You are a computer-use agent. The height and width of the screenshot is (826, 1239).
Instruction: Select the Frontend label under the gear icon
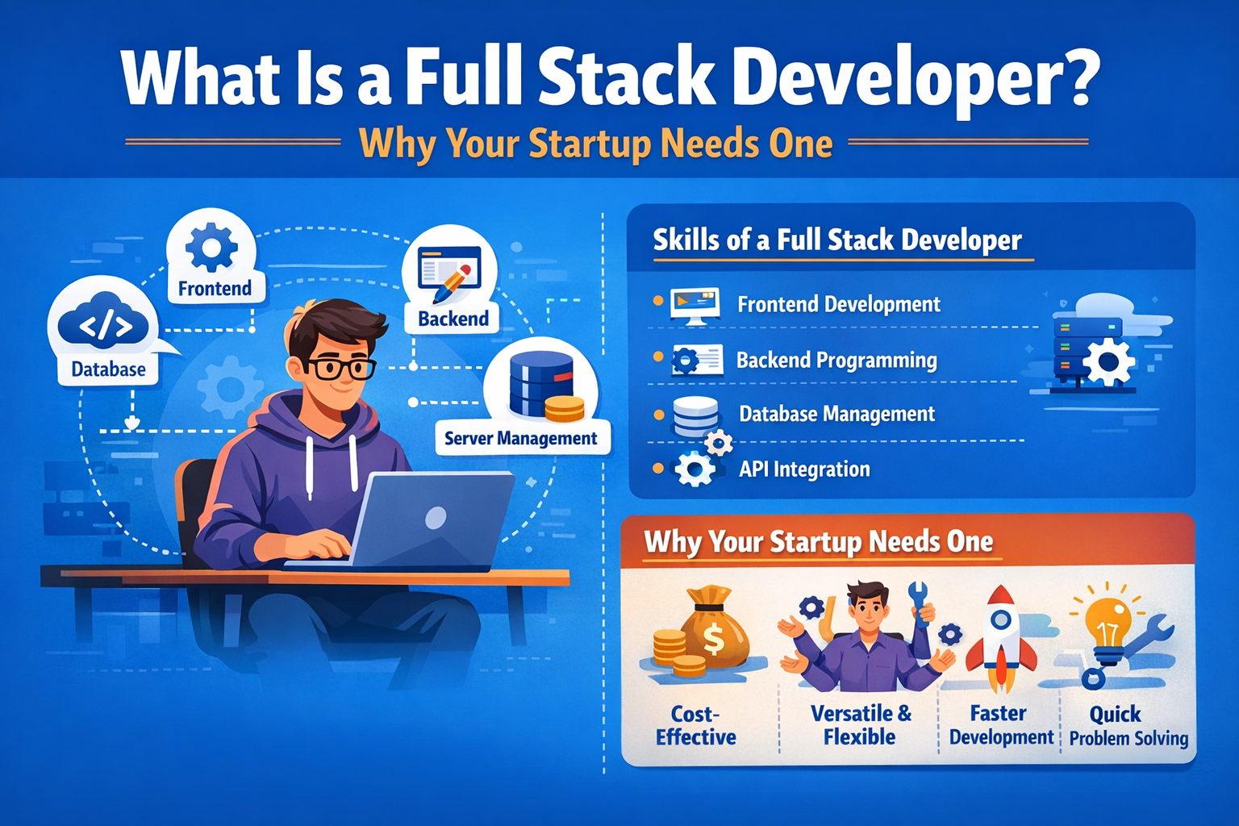point(215,289)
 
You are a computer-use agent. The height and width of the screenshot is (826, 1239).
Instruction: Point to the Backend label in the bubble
point(453,319)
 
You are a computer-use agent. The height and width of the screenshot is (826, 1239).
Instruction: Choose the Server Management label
point(521,439)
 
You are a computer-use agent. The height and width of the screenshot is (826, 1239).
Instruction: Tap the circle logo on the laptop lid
point(436,517)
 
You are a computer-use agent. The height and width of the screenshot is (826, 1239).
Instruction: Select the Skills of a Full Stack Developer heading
point(836,240)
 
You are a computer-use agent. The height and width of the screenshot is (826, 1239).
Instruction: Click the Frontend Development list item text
point(839,304)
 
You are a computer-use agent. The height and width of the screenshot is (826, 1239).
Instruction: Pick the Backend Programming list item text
point(836,360)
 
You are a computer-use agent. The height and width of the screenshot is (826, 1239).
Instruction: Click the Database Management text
point(836,415)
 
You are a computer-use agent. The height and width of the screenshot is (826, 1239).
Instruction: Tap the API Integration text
point(804,469)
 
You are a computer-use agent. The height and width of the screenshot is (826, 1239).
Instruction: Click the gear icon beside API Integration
point(695,469)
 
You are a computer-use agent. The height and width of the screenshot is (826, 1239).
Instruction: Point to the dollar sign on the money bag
point(714,639)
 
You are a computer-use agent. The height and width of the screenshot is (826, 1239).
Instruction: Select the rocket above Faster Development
point(1001,637)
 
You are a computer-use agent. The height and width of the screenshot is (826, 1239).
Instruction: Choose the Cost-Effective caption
point(695,725)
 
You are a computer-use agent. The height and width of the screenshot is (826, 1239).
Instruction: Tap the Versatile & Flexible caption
point(860,725)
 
